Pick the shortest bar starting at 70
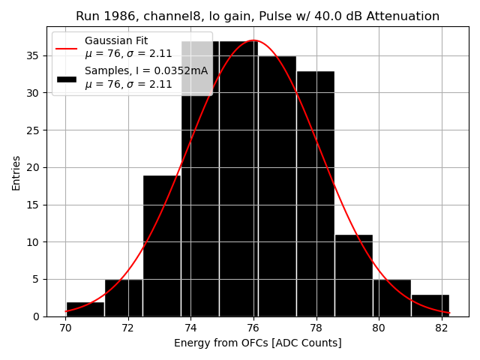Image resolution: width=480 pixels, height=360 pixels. click(x=85, y=309)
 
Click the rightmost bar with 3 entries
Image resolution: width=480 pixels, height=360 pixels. click(x=430, y=305)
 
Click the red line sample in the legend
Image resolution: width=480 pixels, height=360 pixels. click(x=66, y=47)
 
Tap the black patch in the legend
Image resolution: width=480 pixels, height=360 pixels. click(x=66, y=78)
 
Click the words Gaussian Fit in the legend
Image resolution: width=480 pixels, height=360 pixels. click(x=116, y=40)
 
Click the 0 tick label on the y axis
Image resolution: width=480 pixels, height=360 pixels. click(x=36, y=316)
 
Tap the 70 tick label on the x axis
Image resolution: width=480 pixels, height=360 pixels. click(x=65, y=328)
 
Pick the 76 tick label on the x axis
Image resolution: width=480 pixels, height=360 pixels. click(x=253, y=328)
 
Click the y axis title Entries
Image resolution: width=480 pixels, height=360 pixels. click(x=16, y=172)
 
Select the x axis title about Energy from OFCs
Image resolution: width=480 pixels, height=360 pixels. click(x=257, y=343)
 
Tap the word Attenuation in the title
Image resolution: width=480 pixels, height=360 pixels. click(x=403, y=16)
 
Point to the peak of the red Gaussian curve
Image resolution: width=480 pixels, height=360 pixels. click(x=253, y=40)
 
